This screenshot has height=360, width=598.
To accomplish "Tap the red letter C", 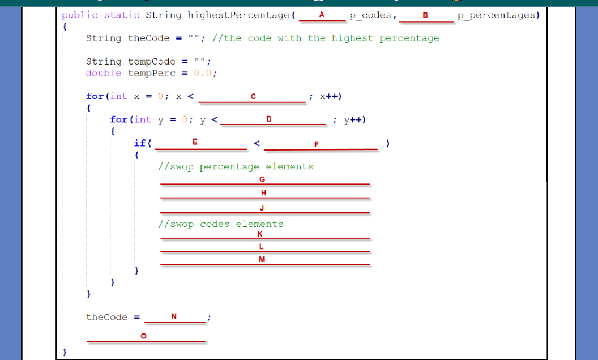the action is (253, 97).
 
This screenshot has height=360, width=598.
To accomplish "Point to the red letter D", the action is (269, 119).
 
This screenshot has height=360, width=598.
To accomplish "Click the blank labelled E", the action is (195, 142).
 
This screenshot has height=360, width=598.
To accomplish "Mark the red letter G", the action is (262, 179).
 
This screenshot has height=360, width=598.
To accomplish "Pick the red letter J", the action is (262, 207).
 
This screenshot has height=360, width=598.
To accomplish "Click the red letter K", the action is (260, 233).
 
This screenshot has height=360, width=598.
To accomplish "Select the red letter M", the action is (262, 260).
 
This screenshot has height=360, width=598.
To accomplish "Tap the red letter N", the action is (174, 316).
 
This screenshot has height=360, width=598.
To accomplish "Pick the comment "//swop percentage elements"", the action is (236, 166).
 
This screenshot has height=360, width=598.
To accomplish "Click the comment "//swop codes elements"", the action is (221, 224).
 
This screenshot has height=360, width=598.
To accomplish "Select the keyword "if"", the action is (139, 143).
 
